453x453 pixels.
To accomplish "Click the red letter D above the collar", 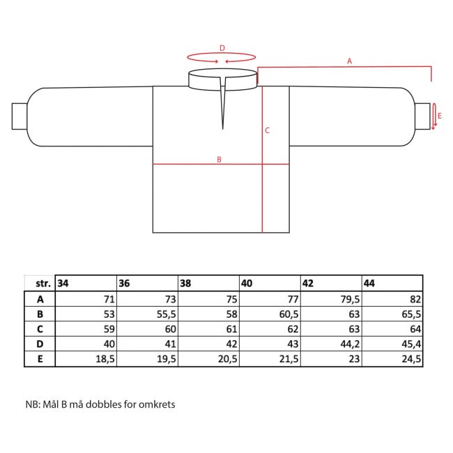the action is (222, 48).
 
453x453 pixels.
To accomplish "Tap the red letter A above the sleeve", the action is (350, 61).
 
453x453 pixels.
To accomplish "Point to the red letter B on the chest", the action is (219, 159).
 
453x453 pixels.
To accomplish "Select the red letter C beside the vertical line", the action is (267, 130).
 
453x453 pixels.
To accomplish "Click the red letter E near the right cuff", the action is (440, 116).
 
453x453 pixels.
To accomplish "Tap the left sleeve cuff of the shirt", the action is (20, 116).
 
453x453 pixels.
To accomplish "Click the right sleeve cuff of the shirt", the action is (422, 116).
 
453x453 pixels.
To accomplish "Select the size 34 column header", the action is (63, 283).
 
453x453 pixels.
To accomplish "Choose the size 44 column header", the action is (369, 283).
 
